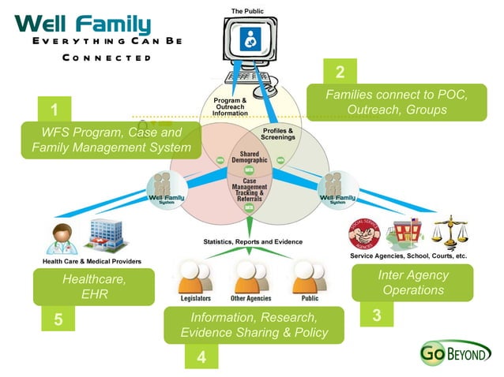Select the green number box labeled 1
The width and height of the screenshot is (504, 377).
54,108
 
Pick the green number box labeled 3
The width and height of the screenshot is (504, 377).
376,315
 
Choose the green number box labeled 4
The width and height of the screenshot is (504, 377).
201,356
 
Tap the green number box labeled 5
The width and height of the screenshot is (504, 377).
57,319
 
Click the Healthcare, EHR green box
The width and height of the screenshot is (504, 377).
94,286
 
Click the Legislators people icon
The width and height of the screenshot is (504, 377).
193,276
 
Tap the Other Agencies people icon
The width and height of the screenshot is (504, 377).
250,276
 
